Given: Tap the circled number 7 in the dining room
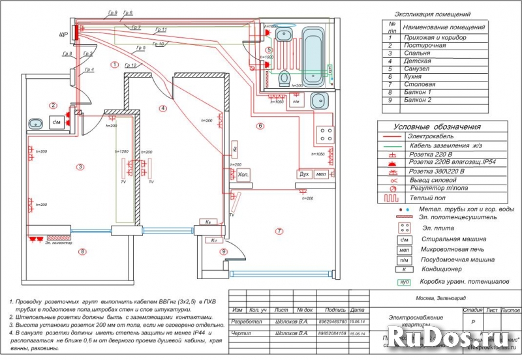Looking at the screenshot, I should (279, 231).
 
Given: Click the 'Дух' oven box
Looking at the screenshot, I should (304, 175).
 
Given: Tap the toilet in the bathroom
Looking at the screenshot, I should (284, 79).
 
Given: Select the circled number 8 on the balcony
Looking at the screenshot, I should (82, 251).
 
